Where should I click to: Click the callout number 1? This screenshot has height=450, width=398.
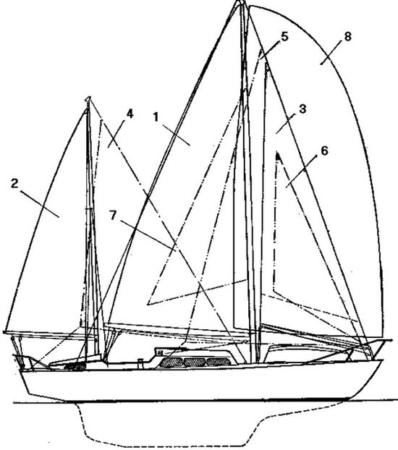(156, 117)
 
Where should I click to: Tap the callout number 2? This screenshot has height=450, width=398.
(14, 184)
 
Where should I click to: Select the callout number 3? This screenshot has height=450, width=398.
(302, 109)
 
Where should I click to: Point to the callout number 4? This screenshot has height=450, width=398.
(130, 114)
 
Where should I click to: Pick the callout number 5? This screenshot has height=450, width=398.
(284, 37)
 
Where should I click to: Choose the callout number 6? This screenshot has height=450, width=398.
(324, 151)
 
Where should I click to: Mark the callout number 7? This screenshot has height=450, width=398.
(114, 216)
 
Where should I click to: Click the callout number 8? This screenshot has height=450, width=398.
(347, 36)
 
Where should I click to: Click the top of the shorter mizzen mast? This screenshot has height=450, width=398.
(88, 98)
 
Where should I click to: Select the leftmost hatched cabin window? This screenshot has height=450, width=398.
(171, 362)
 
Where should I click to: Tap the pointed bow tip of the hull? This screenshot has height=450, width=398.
(383, 360)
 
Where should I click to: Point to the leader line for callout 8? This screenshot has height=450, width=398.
(331, 53)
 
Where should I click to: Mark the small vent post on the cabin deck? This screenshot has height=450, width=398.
(140, 362)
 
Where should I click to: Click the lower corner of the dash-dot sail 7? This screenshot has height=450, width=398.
(148, 304)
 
